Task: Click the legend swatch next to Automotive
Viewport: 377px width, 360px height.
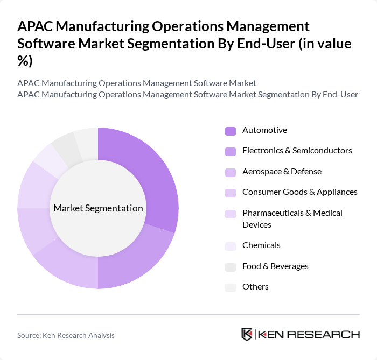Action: (230, 131)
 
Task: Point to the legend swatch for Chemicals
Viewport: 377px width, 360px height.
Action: (230, 246)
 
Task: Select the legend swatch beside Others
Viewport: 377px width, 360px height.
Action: (230, 287)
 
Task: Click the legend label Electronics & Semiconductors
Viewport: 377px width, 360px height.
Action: (297, 151)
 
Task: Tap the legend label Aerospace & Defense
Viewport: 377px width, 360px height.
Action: (282, 172)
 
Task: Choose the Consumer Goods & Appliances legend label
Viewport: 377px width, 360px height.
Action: (299, 192)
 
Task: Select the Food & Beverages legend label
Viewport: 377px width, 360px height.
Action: (275, 266)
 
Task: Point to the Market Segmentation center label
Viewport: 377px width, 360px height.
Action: (98, 208)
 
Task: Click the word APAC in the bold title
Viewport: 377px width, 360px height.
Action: (36, 26)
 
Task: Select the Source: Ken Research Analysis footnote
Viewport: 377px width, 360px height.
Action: (66, 335)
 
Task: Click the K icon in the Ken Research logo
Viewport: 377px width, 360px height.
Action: (247, 334)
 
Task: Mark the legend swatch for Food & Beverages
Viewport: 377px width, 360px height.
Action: (230, 267)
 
